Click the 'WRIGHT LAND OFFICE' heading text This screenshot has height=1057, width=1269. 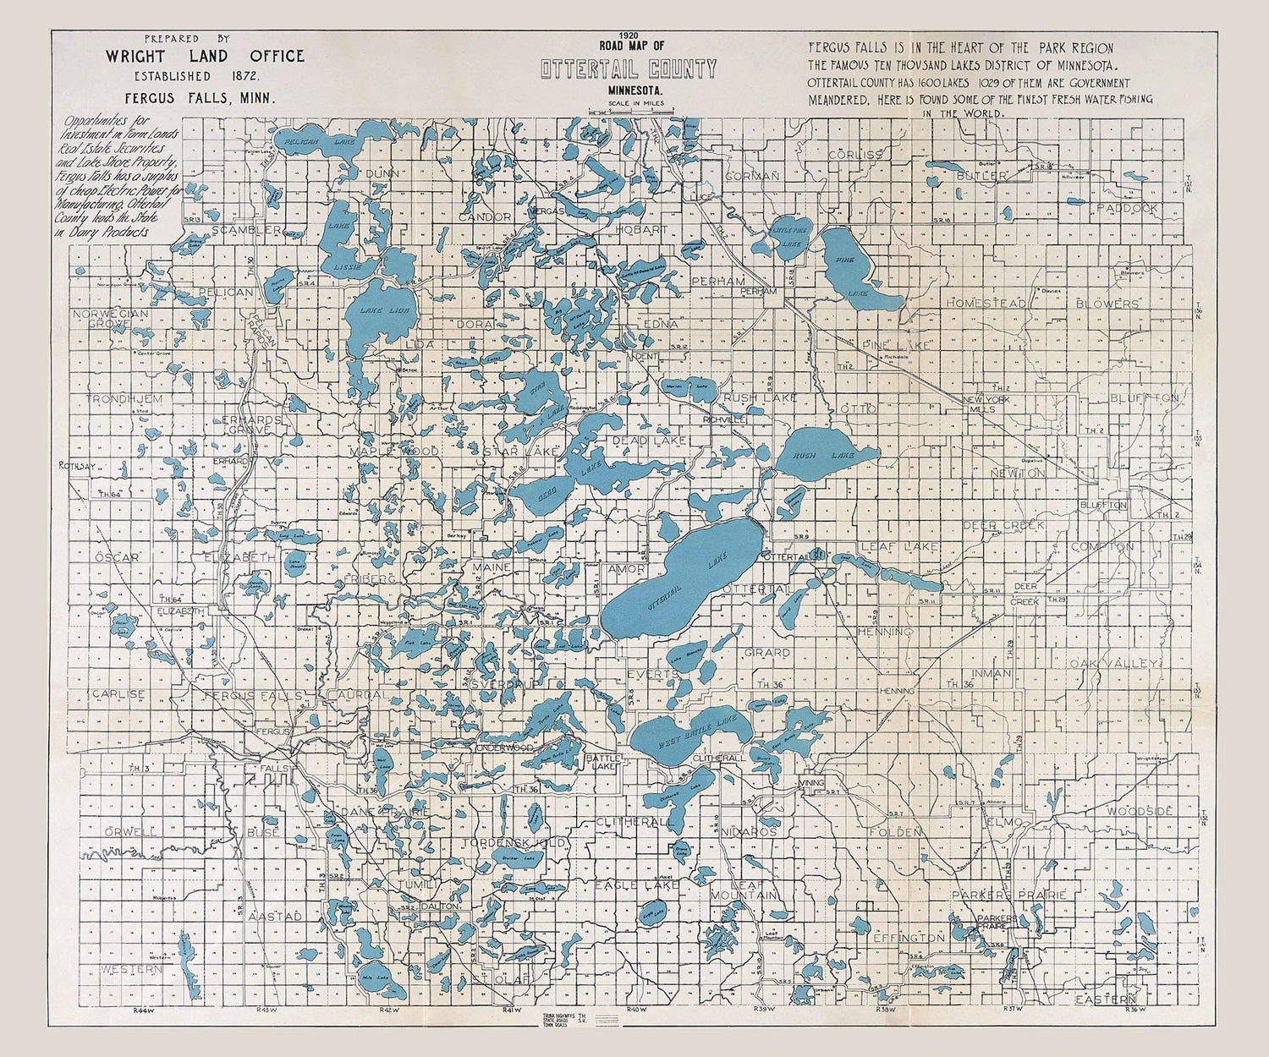point(205,57)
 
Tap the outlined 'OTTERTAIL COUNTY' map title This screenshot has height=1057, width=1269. point(629,69)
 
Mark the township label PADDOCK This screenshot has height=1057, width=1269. point(1127,208)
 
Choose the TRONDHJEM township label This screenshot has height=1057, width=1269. point(124,398)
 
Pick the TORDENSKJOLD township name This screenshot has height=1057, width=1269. point(514,843)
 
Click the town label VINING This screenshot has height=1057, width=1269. point(811,784)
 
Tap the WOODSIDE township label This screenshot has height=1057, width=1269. point(1140,811)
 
